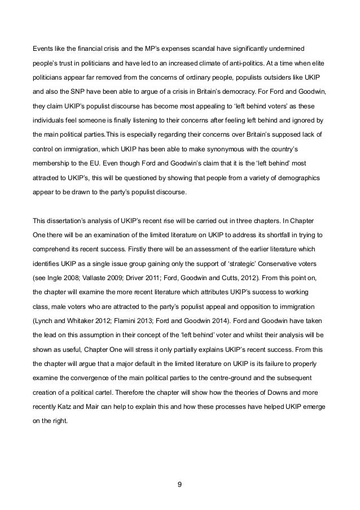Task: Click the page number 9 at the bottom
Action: (180, 484)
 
